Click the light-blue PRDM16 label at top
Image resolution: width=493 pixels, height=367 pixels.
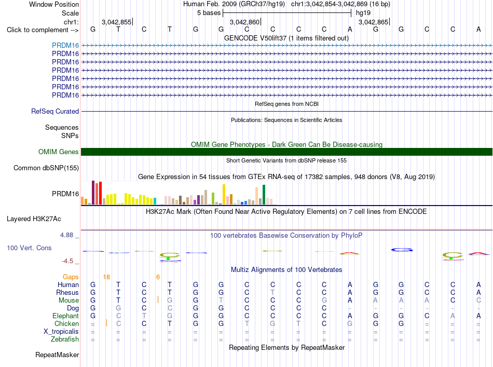click(x=65, y=45)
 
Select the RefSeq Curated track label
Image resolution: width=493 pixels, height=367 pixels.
click(x=55, y=111)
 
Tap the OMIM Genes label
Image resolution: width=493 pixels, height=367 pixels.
click(x=59, y=152)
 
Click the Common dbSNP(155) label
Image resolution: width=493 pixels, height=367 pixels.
click(x=46, y=168)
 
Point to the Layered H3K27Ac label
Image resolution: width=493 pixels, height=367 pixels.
click(x=34, y=219)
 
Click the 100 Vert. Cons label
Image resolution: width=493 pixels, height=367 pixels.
click(x=29, y=248)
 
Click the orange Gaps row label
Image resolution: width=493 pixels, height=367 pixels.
click(x=71, y=277)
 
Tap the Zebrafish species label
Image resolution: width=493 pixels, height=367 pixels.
click(x=65, y=339)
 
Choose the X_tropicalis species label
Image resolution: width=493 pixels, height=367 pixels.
click(x=61, y=332)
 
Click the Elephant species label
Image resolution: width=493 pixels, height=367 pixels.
click(x=66, y=316)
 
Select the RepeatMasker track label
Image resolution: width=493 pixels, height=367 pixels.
click(x=57, y=355)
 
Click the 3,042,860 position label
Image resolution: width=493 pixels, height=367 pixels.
click(x=244, y=22)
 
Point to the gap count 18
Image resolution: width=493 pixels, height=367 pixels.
click(x=106, y=277)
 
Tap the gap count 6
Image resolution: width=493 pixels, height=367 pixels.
click(x=158, y=277)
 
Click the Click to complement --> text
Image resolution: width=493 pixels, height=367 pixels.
click(x=43, y=30)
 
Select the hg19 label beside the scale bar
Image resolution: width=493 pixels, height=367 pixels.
click(x=363, y=13)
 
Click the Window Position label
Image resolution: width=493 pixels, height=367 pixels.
click(x=54, y=4)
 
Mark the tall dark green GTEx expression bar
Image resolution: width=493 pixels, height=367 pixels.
click(x=264, y=195)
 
